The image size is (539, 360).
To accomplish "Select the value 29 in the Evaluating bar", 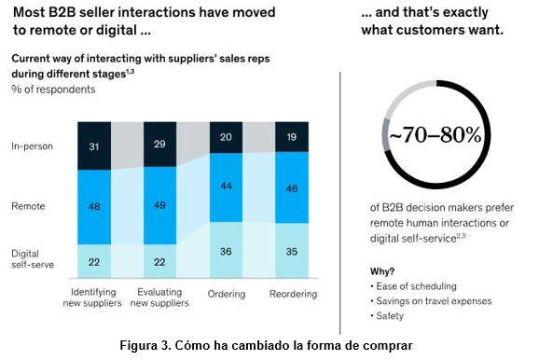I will (159, 145).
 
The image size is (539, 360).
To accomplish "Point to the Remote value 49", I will (159, 206).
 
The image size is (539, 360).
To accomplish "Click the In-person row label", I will (31, 145).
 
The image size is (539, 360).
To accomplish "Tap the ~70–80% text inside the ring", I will (435, 134).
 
